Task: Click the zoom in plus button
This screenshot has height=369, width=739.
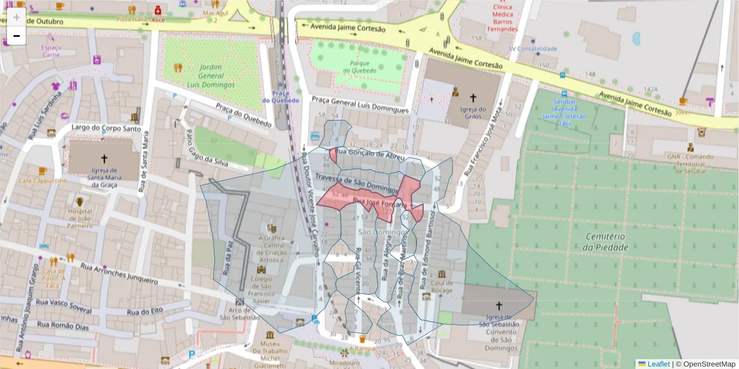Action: pyautogui.click(x=17, y=17)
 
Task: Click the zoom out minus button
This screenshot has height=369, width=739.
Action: pyautogui.click(x=17, y=36)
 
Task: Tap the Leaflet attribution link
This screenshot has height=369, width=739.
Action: pyautogui.click(x=658, y=364)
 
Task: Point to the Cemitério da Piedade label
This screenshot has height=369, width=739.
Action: pyautogui.click(x=598, y=242)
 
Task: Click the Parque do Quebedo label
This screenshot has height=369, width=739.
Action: pyautogui.click(x=360, y=66)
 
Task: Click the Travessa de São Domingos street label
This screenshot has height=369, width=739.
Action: pyautogui.click(x=356, y=182)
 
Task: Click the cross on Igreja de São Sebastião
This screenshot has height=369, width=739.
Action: pyautogui.click(x=499, y=305)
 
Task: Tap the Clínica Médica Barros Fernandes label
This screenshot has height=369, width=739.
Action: pyautogui.click(x=503, y=18)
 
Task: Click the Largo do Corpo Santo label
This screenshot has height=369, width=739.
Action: pyautogui.click(x=102, y=128)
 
